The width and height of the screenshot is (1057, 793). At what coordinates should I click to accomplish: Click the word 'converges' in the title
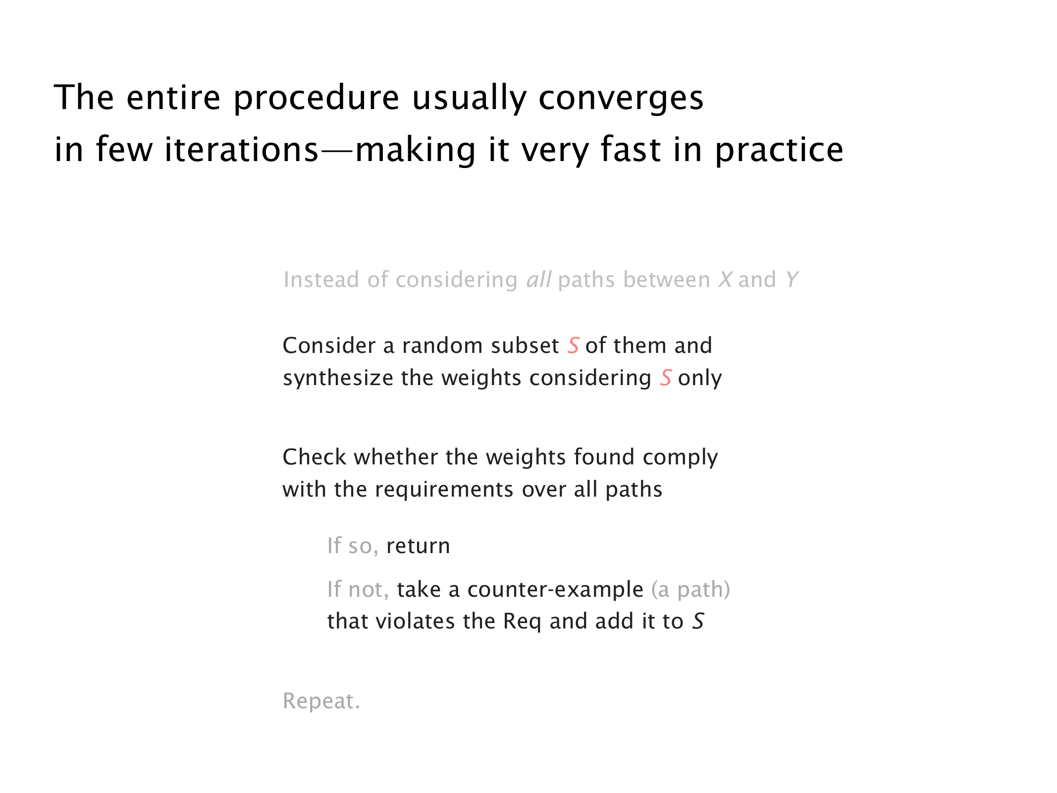(621, 99)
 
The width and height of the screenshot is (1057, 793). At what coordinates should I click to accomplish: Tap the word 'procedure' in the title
(316, 99)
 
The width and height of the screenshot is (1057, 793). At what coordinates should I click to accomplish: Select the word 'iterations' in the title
(241, 150)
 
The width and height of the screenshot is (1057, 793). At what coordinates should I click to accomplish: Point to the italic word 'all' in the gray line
(539, 280)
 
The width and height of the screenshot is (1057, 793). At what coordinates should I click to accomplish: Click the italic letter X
(725, 280)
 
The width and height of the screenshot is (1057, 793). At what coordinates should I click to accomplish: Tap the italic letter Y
(792, 280)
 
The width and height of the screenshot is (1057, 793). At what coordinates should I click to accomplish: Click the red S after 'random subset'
(573, 345)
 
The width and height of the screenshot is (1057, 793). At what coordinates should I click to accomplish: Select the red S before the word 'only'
(666, 378)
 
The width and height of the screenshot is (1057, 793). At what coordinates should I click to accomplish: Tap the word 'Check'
(315, 457)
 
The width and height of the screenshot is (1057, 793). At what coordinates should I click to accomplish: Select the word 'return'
(418, 546)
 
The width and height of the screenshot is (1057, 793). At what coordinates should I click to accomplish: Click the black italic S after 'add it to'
(698, 622)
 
